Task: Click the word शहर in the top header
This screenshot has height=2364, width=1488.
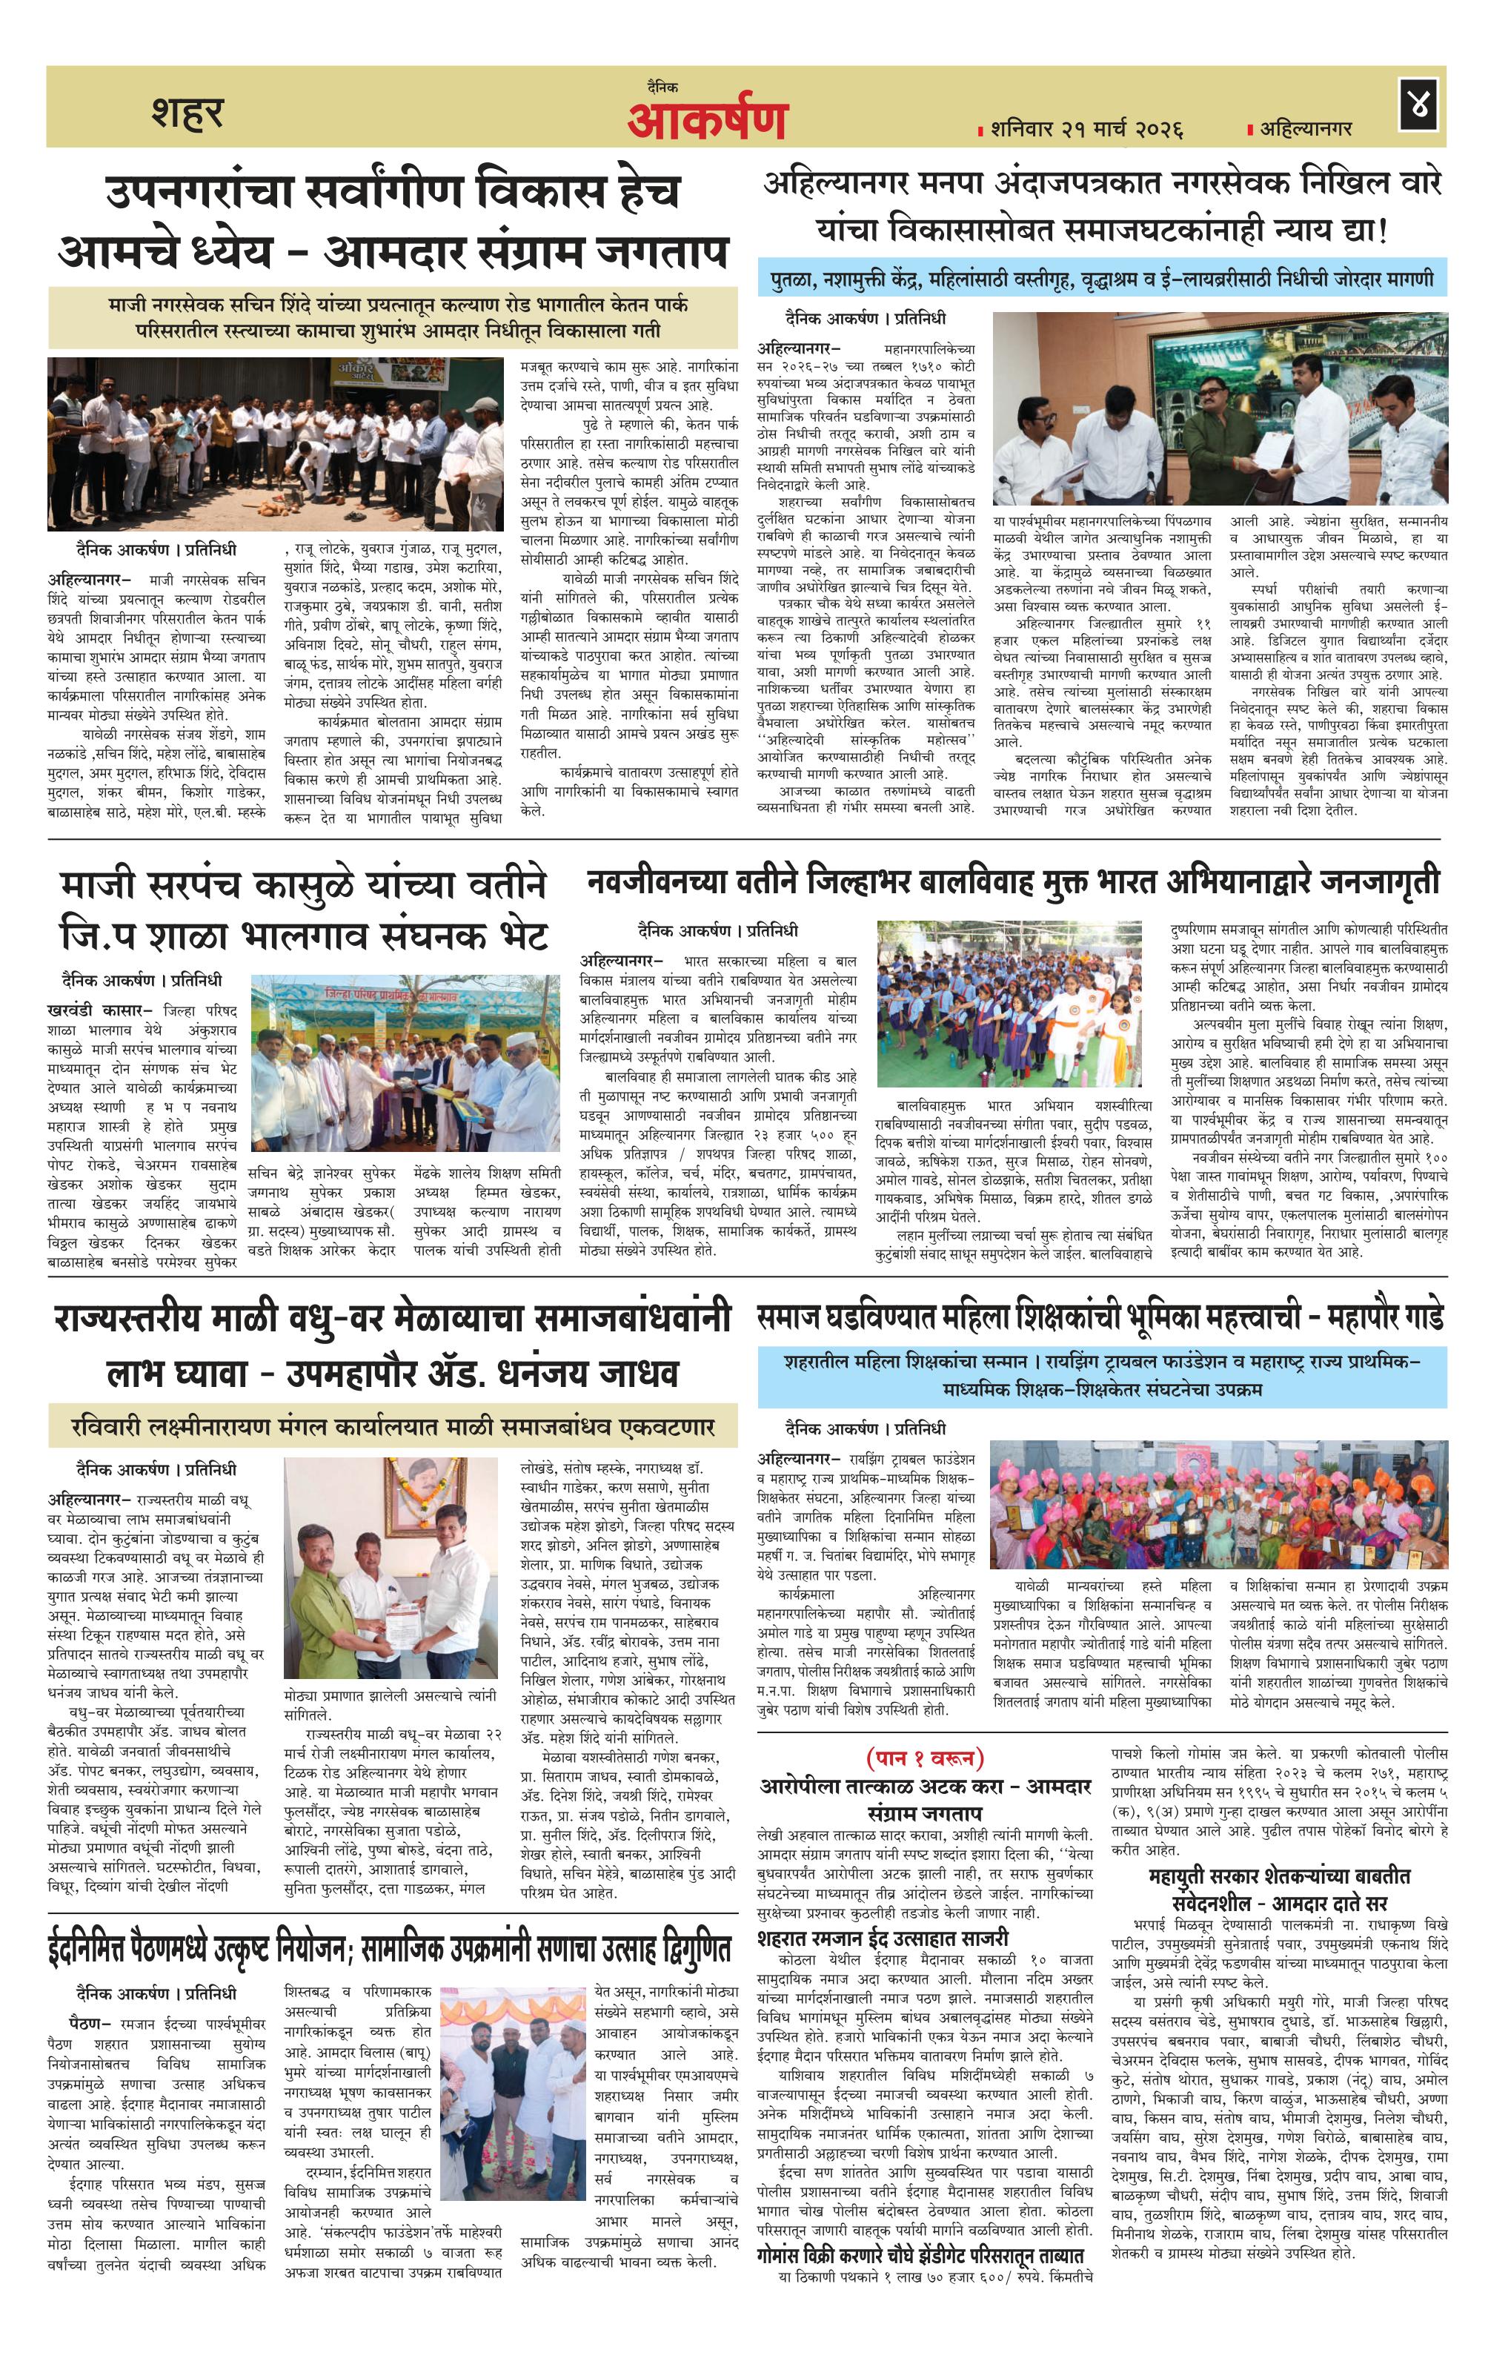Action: pyautogui.click(x=187, y=113)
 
